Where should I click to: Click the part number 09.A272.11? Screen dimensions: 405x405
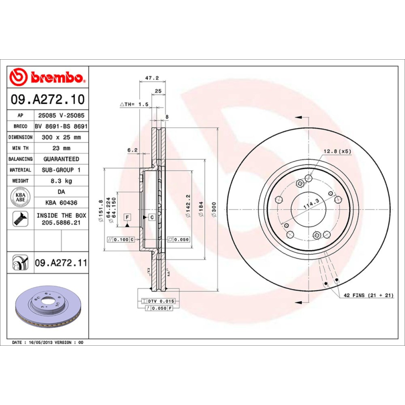(61, 263)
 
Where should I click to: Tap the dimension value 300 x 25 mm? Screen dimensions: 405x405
(61, 137)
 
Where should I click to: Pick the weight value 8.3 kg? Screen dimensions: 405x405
(61, 181)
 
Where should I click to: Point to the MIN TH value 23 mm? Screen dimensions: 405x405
(61, 148)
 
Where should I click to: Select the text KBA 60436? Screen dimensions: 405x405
(61, 202)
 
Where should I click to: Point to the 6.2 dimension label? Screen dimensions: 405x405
(132, 150)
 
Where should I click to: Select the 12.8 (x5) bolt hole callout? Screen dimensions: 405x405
(338, 151)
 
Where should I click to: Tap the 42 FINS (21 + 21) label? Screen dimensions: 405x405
(369, 295)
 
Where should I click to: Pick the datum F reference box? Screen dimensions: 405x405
(127, 217)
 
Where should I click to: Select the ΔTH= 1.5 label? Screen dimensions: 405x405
(135, 104)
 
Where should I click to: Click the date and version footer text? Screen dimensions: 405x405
(48, 343)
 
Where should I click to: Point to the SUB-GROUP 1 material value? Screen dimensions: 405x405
(61, 170)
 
